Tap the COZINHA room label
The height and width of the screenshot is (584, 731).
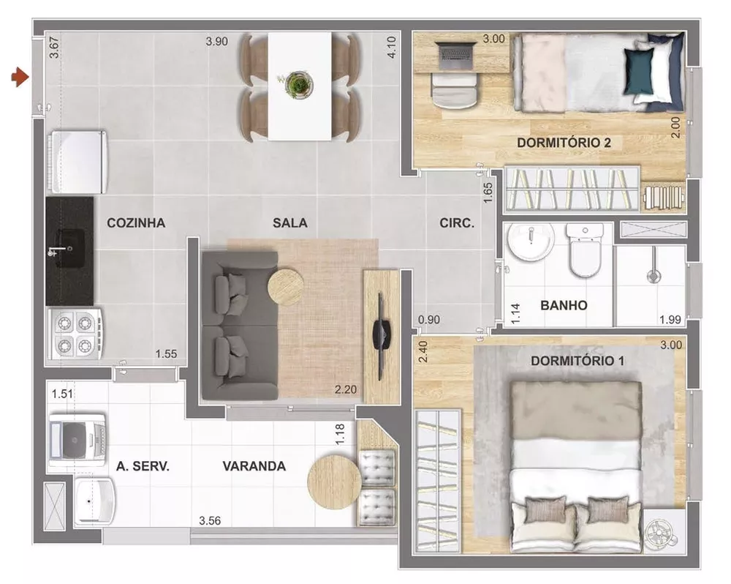pos(136,223)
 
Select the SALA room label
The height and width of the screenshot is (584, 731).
pos(290,223)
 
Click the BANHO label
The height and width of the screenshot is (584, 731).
pos(564,305)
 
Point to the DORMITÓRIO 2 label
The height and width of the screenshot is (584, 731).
pos(564,142)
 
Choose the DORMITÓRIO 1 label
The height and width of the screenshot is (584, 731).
pos(577,361)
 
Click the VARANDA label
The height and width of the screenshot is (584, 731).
pos(254,466)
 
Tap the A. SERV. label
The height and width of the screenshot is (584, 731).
pos(143,466)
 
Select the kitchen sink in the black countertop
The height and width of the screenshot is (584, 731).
pos(70,242)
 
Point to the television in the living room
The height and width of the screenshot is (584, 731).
pos(380,332)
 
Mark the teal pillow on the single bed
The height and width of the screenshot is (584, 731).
pos(637,72)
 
